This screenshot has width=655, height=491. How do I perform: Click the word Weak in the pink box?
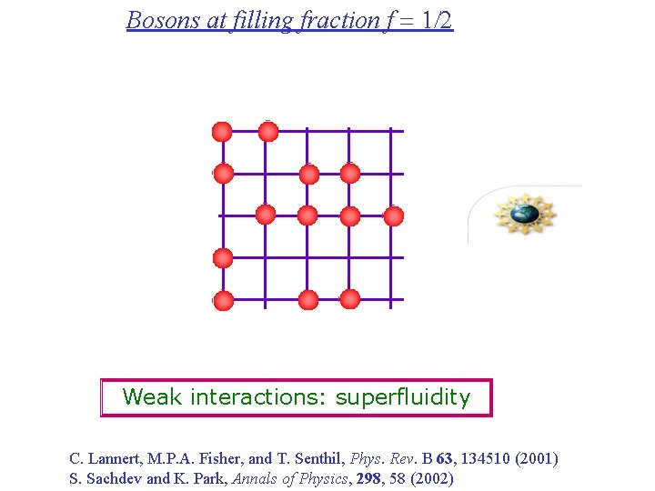pos(151,397)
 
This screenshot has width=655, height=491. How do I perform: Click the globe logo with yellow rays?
pos(524,215)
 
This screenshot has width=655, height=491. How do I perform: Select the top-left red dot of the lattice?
pos(223,132)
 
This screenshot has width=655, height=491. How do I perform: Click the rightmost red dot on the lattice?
pos(394,215)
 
